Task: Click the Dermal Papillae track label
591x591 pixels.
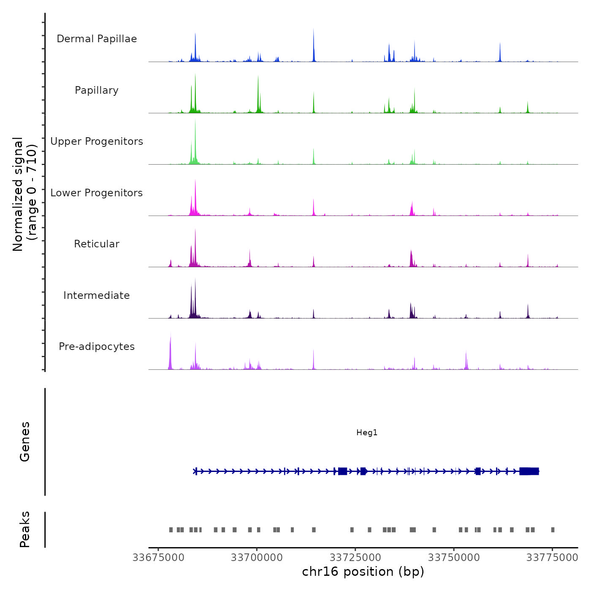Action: tap(97, 39)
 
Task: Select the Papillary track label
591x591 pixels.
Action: tap(97, 90)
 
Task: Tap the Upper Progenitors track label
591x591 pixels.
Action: tap(97, 141)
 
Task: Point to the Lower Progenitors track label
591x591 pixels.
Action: tap(97, 193)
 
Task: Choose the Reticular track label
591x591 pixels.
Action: tap(97, 244)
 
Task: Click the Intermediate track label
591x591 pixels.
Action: tap(97, 295)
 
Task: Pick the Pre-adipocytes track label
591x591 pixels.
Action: tap(97, 347)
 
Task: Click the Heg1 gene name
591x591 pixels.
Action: tap(367, 433)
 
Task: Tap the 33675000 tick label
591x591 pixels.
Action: tap(158, 558)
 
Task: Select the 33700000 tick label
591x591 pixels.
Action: tap(257, 558)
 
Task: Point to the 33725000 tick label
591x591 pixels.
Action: tap(355, 558)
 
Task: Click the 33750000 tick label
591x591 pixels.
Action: tap(454, 558)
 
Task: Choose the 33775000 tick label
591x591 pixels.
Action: tap(552, 558)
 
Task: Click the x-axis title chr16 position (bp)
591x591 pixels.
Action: tap(363, 572)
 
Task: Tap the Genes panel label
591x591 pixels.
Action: tap(25, 442)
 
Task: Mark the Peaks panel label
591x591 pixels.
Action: tap(25, 529)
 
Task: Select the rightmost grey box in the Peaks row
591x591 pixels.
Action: tap(553, 530)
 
